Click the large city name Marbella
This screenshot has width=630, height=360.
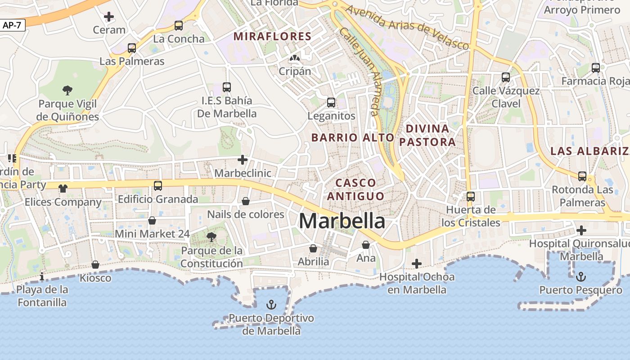point(342,221)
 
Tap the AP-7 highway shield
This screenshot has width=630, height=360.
point(12,25)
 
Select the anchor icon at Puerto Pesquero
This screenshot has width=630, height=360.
point(581,276)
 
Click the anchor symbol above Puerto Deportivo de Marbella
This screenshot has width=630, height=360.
point(271,305)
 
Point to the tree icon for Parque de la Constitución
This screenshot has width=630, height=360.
point(211,237)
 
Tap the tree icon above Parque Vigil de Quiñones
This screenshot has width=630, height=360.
point(67,90)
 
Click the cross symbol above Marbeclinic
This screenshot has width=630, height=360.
point(243,160)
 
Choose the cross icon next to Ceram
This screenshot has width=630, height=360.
point(108,17)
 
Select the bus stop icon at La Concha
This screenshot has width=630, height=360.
point(179,26)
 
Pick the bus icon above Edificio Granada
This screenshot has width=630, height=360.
point(158,185)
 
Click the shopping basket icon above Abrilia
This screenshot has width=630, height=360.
point(313,248)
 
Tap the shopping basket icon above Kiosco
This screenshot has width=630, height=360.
point(95,265)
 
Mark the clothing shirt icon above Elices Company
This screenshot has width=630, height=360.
point(63,188)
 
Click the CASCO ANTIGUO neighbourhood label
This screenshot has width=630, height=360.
point(356,189)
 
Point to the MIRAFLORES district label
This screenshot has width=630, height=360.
point(273,36)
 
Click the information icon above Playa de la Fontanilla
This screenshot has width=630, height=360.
point(42,276)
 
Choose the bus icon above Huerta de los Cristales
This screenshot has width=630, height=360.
point(471,196)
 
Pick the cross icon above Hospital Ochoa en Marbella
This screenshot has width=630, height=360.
point(417,263)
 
